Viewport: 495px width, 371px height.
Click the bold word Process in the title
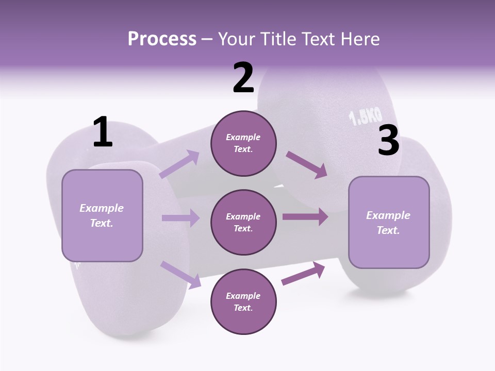[162, 39]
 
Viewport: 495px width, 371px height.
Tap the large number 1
[102, 132]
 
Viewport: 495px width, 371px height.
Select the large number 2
[243, 78]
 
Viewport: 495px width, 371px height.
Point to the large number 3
[388, 141]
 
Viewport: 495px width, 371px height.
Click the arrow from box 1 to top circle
[179, 164]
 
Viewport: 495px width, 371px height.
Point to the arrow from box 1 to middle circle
[180, 218]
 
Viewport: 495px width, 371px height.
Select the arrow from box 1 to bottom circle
[180, 274]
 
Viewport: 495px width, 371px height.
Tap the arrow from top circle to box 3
[306, 165]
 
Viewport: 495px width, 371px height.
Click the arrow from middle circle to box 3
[305, 217]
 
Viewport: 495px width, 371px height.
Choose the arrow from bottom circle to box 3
[303, 274]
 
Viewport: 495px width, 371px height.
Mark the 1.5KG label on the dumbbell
[366, 116]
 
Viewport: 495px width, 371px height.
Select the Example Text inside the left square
[102, 215]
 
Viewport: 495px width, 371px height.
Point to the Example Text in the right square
[388, 223]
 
